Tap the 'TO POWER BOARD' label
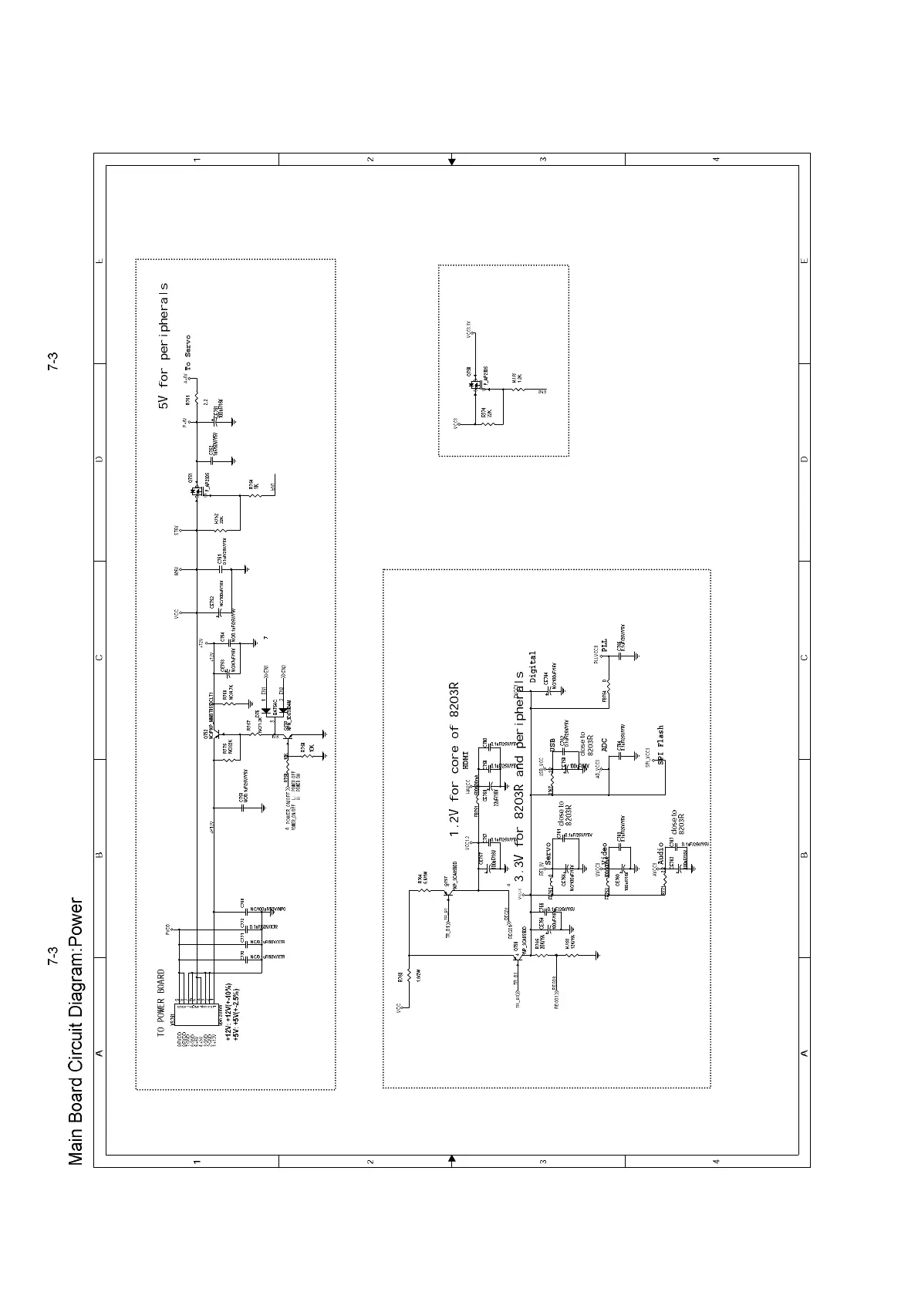point(161,1003)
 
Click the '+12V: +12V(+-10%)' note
point(228,1014)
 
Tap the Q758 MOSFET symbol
point(475,383)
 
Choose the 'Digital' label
point(532,667)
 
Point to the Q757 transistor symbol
point(447,895)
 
